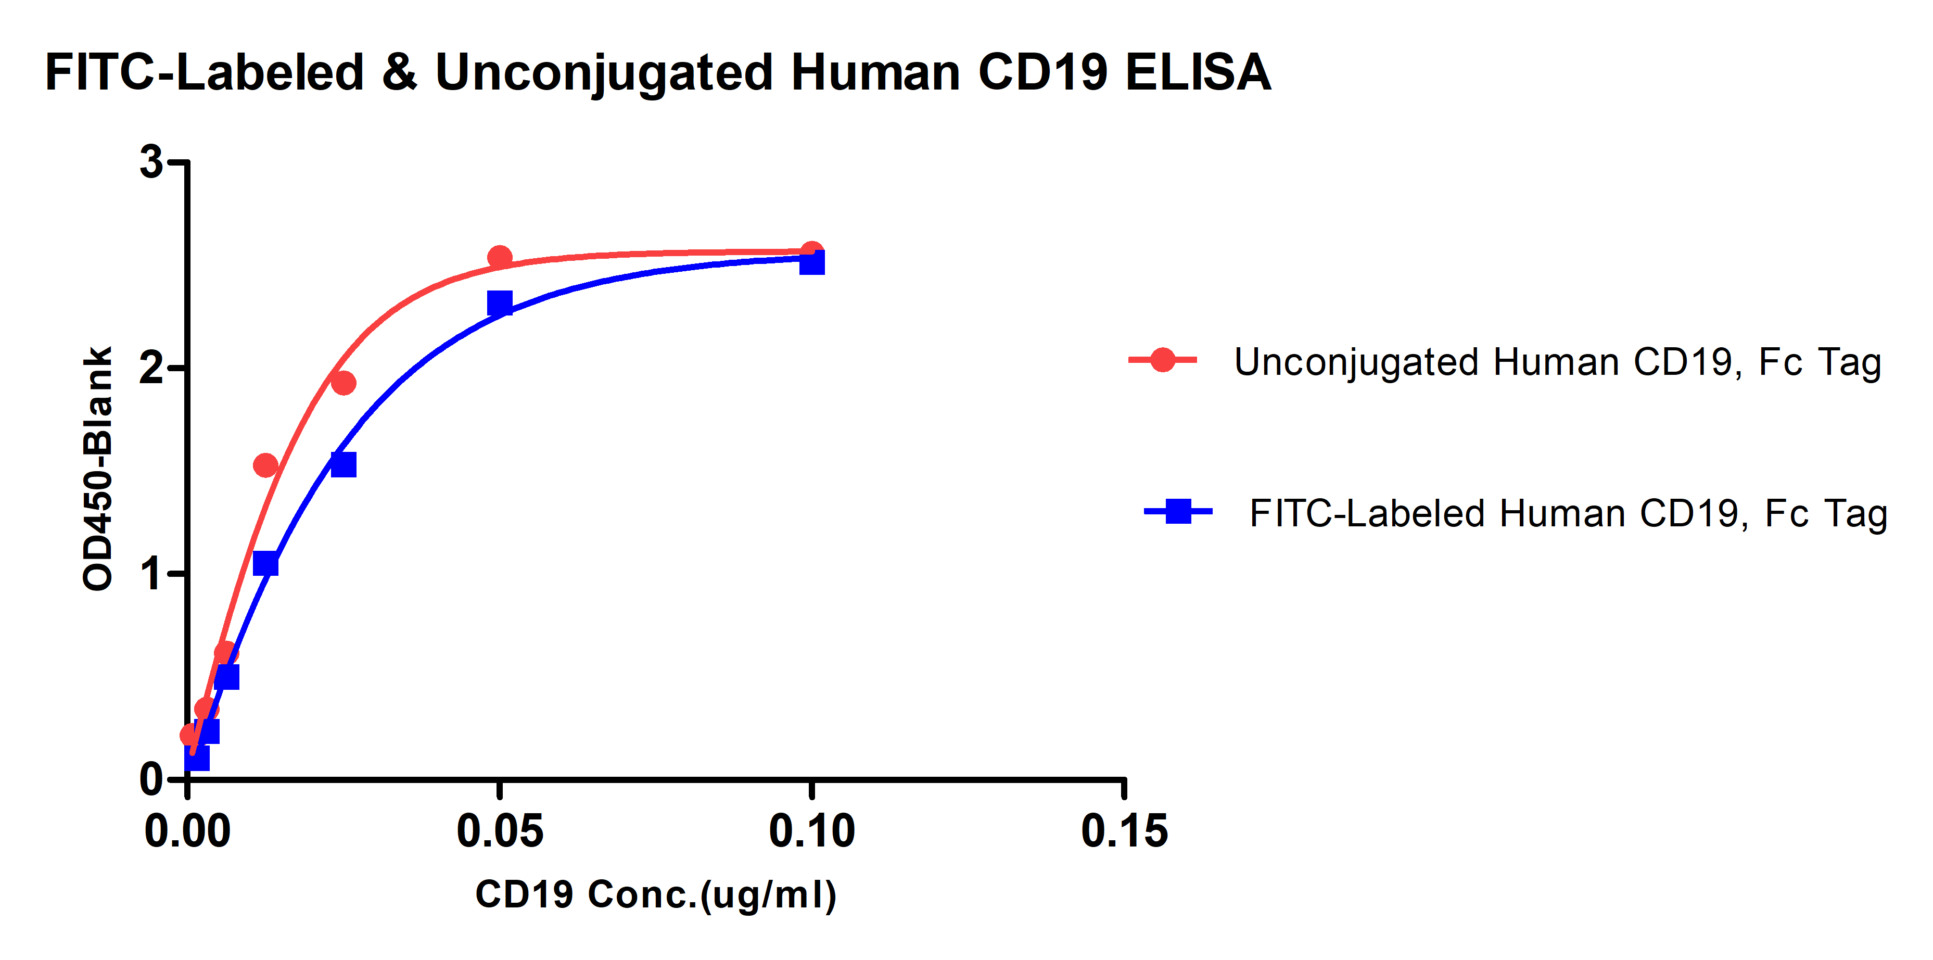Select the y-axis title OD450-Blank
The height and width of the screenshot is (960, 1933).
[x=97, y=469]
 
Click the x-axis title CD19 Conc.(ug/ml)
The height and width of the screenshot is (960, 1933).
[x=656, y=895]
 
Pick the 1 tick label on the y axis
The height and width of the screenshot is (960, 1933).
[x=152, y=574]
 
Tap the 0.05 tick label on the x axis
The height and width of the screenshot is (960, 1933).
[x=500, y=831]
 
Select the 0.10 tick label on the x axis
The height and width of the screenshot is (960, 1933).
[x=812, y=831]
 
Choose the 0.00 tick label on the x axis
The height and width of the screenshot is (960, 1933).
[x=187, y=831]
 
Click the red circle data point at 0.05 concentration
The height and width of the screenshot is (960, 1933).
[x=500, y=258]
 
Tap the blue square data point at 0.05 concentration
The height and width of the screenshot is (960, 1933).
[x=500, y=304]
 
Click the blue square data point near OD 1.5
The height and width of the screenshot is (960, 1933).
[x=343, y=464]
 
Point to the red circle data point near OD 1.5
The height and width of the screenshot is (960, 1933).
[x=265, y=466]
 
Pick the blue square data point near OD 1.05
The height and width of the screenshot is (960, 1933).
[x=265, y=563]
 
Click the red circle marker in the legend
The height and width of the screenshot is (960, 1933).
[x=1162, y=360]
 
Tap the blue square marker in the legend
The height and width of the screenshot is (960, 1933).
[x=1178, y=512]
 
